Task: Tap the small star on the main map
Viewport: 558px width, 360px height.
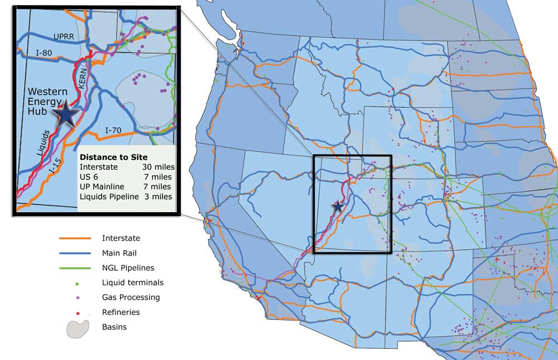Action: point(338,207)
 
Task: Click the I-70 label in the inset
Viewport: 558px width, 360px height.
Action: point(116,130)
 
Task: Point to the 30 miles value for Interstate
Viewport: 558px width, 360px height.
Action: point(159,167)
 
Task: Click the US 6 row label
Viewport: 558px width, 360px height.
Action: point(88,177)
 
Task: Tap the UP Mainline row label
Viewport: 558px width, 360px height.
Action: point(99,186)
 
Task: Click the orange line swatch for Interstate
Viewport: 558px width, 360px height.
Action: point(75,238)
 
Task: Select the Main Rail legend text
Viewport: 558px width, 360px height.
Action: point(119,253)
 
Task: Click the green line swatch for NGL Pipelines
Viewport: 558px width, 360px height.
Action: point(75,268)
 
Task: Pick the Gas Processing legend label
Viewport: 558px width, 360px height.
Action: point(131,297)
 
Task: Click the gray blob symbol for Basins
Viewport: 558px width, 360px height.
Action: point(78,328)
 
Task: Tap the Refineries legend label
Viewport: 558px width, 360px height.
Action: point(121,312)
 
